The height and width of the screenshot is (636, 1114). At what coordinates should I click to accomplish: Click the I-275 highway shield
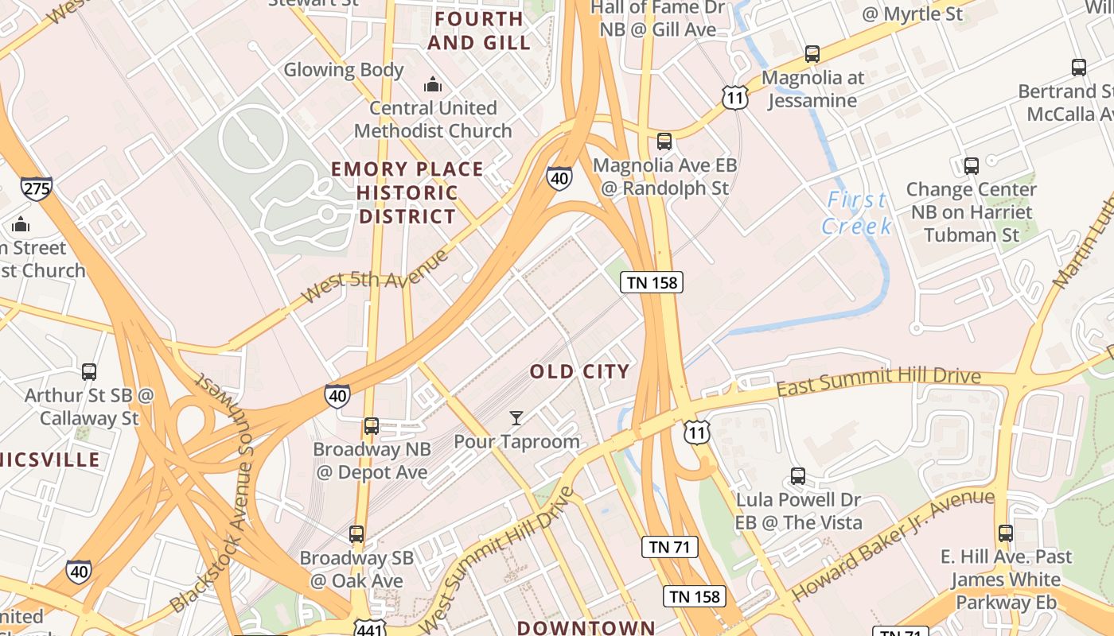pyautogui.click(x=36, y=188)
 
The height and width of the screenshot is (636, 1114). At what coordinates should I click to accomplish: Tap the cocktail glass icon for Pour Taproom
pyautogui.click(x=516, y=417)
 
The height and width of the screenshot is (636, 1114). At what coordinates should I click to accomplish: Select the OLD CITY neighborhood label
pyautogui.click(x=580, y=371)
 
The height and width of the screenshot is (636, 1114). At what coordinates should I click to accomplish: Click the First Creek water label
pyautogui.click(x=856, y=212)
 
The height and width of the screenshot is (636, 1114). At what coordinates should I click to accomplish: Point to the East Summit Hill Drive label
pyautogui.click(x=878, y=381)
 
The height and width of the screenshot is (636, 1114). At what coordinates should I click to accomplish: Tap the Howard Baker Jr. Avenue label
pyautogui.click(x=893, y=545)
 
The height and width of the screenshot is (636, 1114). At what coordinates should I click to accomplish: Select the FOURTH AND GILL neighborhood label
pyautogui.click(x=478, y=30)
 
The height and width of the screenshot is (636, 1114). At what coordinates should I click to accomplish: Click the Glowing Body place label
pyautogui.click(x=344, y=70)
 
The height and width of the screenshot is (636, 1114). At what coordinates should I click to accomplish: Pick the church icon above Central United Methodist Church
pyautogui.click(x=433, y=83)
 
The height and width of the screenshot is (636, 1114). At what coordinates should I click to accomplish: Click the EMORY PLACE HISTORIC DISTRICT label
pyautogui.click(x=407, y=192)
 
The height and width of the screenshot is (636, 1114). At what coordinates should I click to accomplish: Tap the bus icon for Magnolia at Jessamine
pyautogui.click(x=812, y=54)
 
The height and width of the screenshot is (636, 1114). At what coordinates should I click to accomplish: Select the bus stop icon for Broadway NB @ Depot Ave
pyautogui.click(x=371, y=425)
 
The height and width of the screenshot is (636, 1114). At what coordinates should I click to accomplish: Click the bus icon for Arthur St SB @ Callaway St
pyautogui.click(x=89, y=371)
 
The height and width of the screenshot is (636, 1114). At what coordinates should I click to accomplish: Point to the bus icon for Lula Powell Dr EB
pyautogui.click(x=798, y=476)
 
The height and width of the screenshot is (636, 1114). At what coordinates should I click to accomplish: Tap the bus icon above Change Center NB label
pyautogui.click(x=971, y=166)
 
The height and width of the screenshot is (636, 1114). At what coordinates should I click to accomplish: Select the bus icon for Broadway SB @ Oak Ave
pyautogui.click(x=356, y=534)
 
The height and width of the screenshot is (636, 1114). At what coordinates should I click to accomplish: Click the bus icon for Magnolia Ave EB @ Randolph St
pyautogui.click(x=664, y=142)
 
